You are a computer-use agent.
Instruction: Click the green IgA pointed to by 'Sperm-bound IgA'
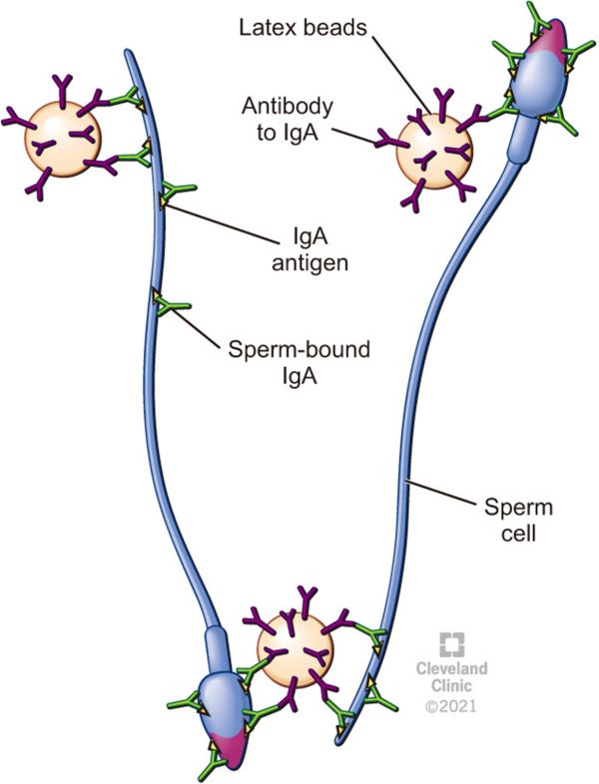[168, 303]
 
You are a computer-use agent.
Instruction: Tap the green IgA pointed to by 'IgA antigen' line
[176, 192]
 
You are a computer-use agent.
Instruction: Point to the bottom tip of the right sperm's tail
[340, 742]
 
